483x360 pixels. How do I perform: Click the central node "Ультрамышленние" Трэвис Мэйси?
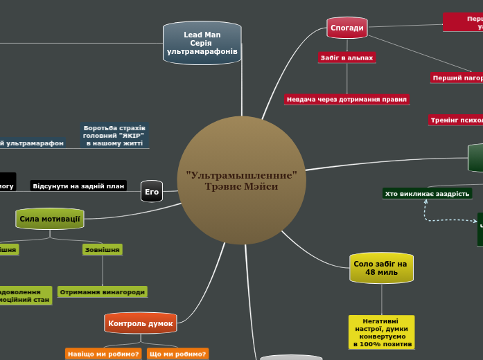click(242, 181)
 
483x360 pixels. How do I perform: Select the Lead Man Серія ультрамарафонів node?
click(202, 43)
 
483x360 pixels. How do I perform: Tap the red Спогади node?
click(346, 28)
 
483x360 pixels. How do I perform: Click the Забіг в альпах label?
click(346, 58)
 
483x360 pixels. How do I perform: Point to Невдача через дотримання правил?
click(346, 100)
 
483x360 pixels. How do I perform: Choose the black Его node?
click(151, 192)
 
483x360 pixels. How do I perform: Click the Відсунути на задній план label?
click(78, 186)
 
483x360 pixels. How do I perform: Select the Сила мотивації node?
click(49, 219)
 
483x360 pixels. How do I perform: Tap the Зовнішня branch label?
click(102, 249)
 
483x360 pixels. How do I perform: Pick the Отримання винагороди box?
click(103, 292)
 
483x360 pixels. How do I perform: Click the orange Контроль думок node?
click(140, 323)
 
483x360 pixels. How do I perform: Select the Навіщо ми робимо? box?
click(103, 354)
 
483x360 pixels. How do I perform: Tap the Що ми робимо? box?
click(177, 354)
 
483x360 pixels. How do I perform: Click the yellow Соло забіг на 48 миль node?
click(381, 268)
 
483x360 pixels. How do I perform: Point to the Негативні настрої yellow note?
click(383, 332)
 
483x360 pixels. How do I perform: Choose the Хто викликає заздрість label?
click(427, 194)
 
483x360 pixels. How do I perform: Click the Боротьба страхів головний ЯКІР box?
click(114, 135)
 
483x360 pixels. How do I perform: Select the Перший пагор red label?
click(457, 78)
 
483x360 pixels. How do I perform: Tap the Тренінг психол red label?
click(455, 120)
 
